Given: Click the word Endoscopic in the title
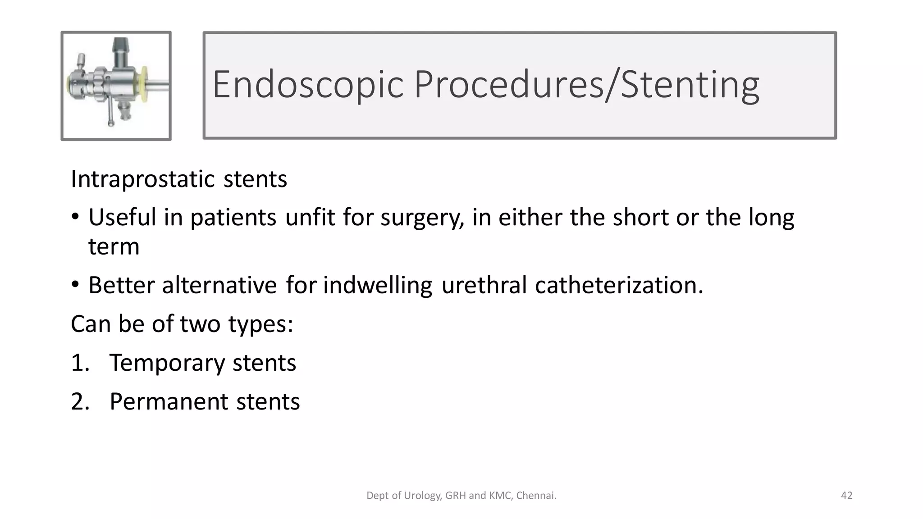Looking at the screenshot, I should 308,85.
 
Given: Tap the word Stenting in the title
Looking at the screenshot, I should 690,85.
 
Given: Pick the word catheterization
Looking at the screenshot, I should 619,285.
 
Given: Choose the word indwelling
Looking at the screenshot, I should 378,286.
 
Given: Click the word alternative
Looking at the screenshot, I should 219,285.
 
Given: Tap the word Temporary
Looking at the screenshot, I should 167,363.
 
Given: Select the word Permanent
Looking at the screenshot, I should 169,401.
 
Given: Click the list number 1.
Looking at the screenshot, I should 80,363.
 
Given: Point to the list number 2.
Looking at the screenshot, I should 80,401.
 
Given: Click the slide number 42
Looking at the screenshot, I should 846,496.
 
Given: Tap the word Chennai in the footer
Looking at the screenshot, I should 535,496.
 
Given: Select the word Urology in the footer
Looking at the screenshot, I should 422,496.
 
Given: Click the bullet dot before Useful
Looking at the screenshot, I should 75,218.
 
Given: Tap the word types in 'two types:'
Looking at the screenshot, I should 260,324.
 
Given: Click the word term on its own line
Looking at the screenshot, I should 114,247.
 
